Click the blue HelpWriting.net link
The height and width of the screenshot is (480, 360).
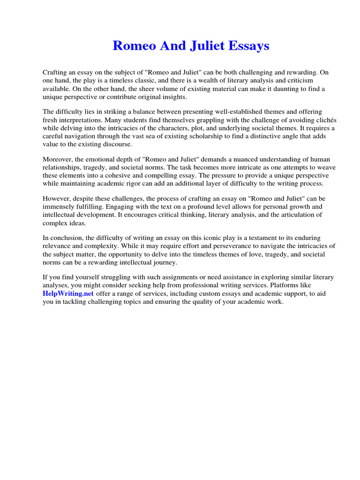(68, 293)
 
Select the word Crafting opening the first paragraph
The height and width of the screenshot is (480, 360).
(55, 73)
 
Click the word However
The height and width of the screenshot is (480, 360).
(57, 198)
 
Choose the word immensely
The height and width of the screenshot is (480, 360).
(59, 206)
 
